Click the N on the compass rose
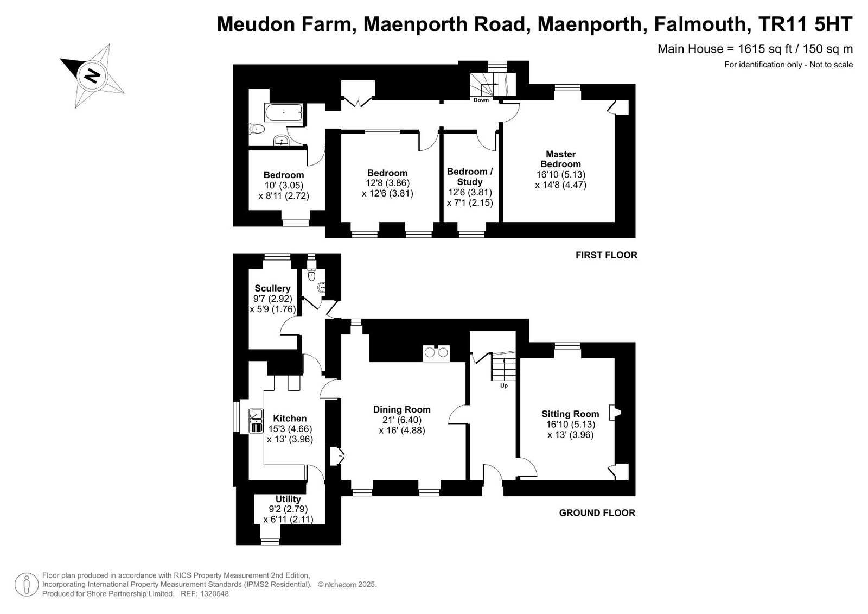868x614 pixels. (x=92, y=75)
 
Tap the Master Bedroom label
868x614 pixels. (x=561, y=159)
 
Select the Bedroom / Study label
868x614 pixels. (x=470, y=176)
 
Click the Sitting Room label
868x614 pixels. (x=570, y=414)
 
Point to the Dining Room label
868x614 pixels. (x=402, y=409)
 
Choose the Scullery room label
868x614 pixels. (x=272, y=288)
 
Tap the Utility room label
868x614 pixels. (x=288, y=499)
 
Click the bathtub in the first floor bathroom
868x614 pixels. (x=284, y=112)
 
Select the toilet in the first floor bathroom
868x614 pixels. (x=257, y=128)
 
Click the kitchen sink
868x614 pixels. (x=256, y=421)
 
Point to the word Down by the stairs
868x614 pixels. (x=481, y=100)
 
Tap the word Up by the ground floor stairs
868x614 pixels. (x=504, y=385)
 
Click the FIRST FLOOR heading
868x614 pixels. (x=607, y=255)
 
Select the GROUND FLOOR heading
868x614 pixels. (x=597, y=513)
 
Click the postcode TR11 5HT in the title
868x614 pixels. (x=805, y=24)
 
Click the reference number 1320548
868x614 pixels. (x=215, y=594)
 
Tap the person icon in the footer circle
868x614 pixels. (x=27, y=585)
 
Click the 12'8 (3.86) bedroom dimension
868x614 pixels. (x=387, y=183)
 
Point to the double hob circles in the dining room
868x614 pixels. (x=437, y=352)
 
